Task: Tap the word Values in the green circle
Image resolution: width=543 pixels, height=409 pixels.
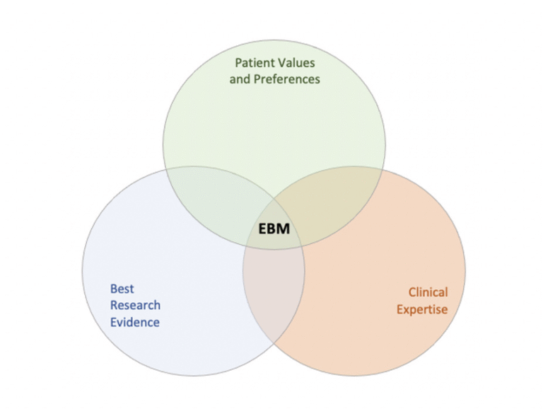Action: pyautogui.click(x=298, y=63)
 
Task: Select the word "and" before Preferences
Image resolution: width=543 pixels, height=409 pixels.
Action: pyautogui.click(x=240, y=79)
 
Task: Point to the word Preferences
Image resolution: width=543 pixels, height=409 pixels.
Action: pyautogui.click(x=286, y=79)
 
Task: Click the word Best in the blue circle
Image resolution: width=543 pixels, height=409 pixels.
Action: pyautogui.click(x=122, y=289)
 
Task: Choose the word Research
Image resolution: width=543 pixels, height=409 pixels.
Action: pyautogui.click(x=135, y=306)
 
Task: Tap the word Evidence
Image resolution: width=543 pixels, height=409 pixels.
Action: pyautogui.click(x=134, y=323)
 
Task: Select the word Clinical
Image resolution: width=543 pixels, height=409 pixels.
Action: pyautogui.click(x=428, y=292)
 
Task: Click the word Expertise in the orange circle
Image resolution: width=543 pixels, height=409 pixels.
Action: pyautogui.click(x=422, y=309)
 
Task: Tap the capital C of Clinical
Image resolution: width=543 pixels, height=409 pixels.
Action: pyautogui.click(x=411, y=292)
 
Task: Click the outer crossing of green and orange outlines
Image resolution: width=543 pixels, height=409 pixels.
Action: pyautogui.click(x=383, y=170)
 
